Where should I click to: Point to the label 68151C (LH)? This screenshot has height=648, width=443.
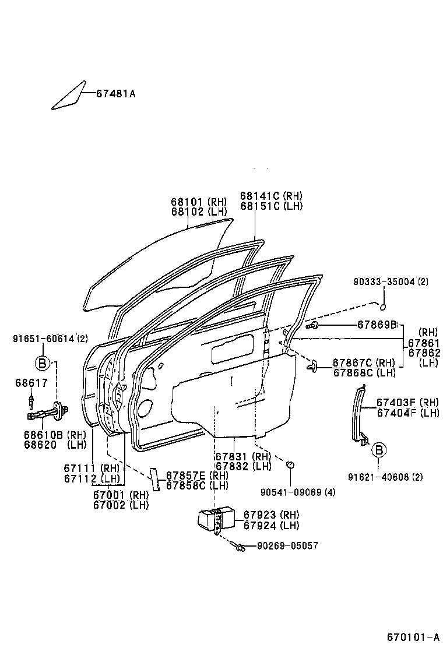pos(271,206)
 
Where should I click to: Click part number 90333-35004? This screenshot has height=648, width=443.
pos(391,281)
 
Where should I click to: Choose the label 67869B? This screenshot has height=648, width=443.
pos(377,324)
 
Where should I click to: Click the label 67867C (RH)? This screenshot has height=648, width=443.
pos(364,363)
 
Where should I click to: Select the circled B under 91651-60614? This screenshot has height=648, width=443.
pos(43,364)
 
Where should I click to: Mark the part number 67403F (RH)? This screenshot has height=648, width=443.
pos(407,402)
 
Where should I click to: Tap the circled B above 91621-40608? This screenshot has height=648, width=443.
pos(378,449)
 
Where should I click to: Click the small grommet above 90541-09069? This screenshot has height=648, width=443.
pos(290,464)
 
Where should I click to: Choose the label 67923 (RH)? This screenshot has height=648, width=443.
pos(271,515)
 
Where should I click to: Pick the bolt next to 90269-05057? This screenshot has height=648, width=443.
pos(239,546)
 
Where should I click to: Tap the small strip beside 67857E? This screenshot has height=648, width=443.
pos(155,478)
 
